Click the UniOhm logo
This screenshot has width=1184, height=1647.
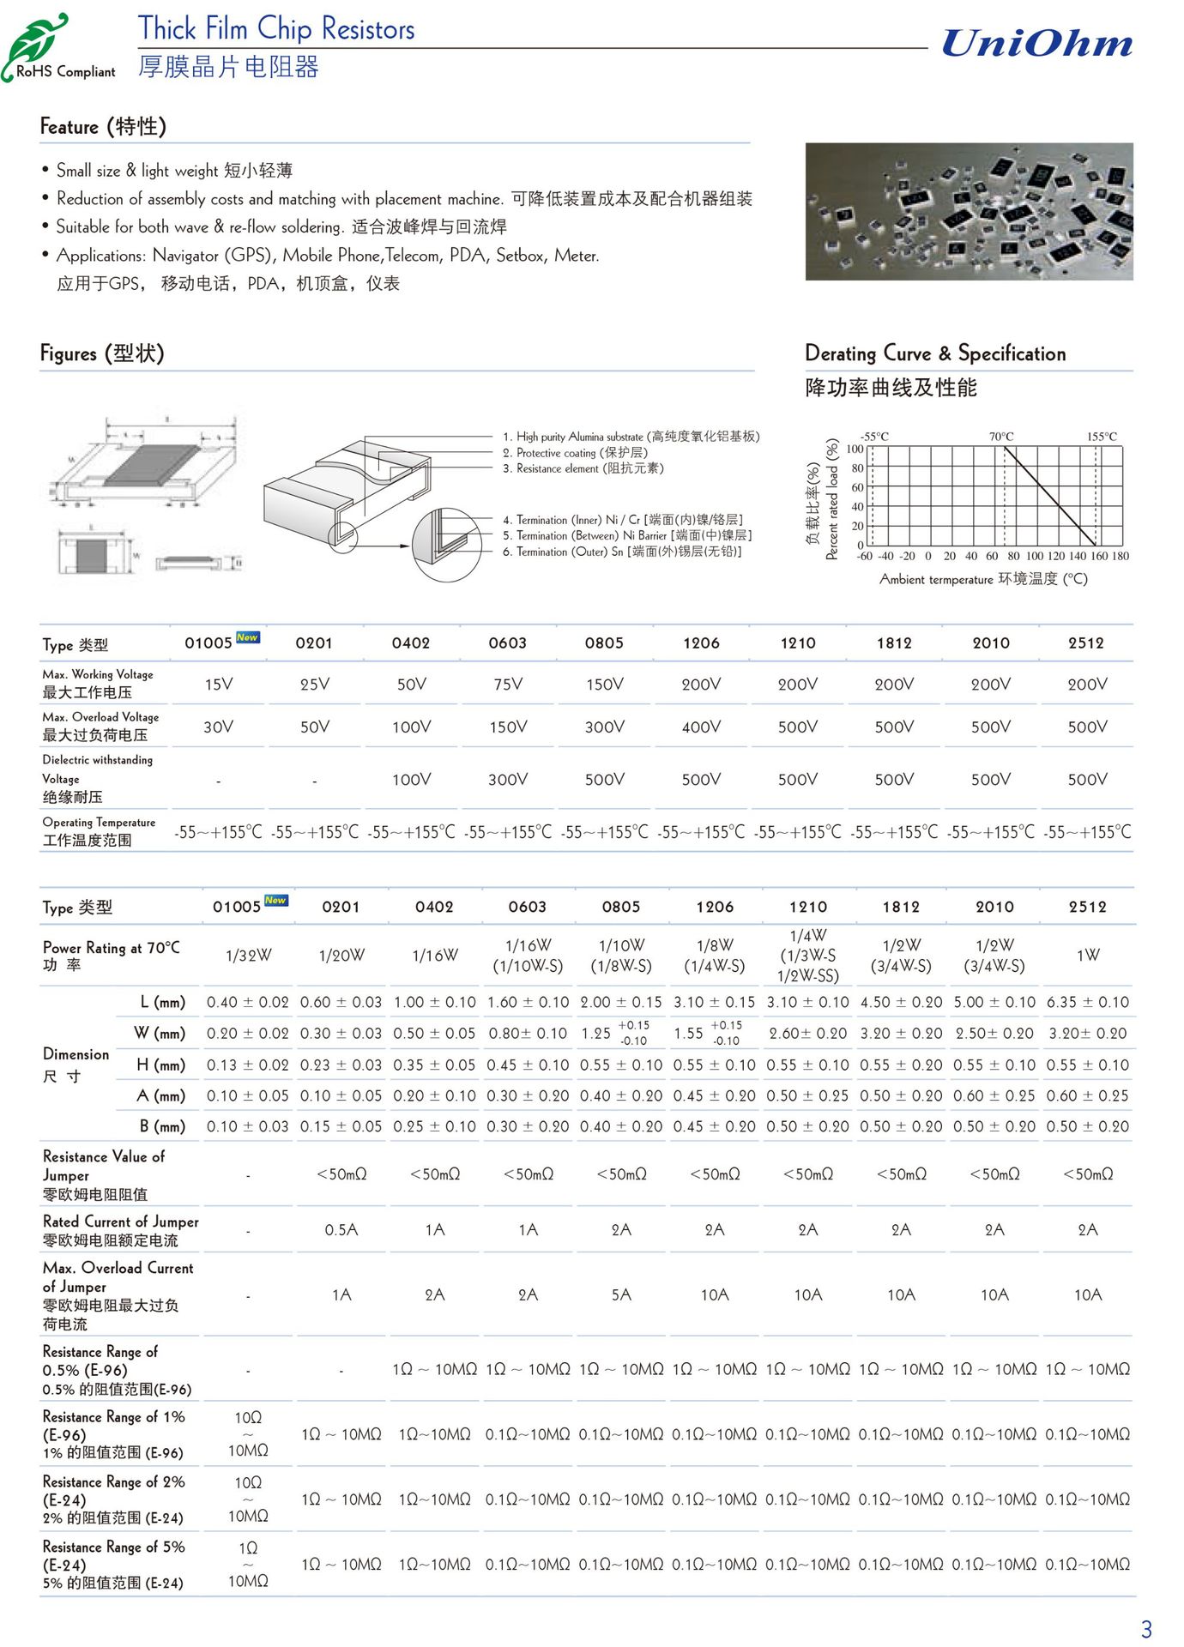coord(1036,43)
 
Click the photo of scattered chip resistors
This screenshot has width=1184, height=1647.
coord(969,211)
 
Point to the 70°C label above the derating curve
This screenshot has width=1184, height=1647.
coord(1000,437)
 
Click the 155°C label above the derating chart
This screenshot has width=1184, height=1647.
coord(1102,437)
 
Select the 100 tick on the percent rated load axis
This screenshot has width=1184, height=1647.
coord(855,449)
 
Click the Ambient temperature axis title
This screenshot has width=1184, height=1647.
coord(983,579)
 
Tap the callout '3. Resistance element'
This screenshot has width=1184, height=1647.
coord(589,468)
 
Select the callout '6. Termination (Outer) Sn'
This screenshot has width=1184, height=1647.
coord(622,552)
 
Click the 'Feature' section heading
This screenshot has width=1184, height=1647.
coord(103,127)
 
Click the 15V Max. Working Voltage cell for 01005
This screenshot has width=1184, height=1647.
coord(219,685)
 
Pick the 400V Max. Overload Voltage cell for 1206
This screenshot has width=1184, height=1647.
coord(701,727)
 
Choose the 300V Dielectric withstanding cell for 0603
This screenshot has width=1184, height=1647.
coord(508,780)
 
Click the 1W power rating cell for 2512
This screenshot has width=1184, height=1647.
coord(1087,955)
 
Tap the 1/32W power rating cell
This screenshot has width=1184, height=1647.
coord(248,956)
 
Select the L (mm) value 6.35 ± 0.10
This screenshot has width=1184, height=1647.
coord(1087,1003)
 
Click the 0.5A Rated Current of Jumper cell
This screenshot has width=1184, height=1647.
coord(341,1230)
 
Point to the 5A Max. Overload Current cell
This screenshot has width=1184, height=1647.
coord(621,1294)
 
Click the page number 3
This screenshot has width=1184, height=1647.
coord(1146,1628)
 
